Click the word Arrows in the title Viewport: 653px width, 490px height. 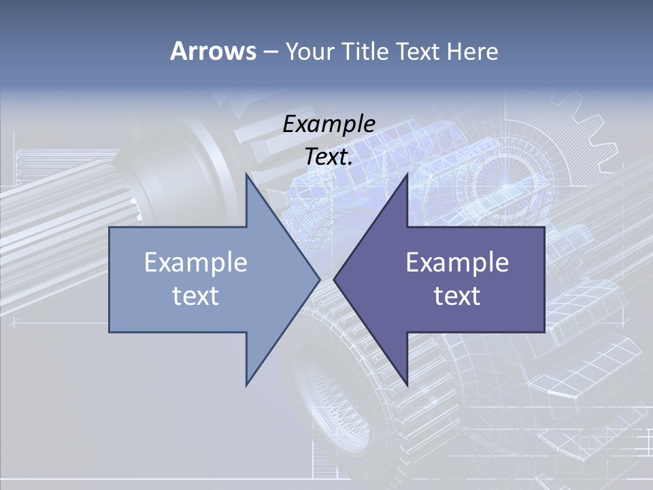pyautogui.click(x=213, y=51)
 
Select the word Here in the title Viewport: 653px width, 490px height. pyautogui.click(x=472, y=52)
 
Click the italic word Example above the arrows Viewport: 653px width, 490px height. pyautogui.click(x=329, y=124)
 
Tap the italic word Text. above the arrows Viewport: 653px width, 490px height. pyautogui.click(x=329, y=157)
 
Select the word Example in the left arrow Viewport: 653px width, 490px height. pyautogui.click(x=196, y=262)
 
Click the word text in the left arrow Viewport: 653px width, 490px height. pyautogui.click(x=196, y=296)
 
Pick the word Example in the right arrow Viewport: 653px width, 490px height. pyautogui.click(x=457, y=262)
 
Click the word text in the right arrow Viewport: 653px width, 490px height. pyautogui.click(x=457, y=296)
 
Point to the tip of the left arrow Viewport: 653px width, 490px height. pyautogui.click(x=320, y=279)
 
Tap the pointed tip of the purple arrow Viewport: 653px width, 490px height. pyautogui.click(x=333, y=279)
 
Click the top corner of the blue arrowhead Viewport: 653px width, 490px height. pyautogui.click(x=246, y=174)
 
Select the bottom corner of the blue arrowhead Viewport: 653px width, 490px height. pyautogui.click(x=246, y=385)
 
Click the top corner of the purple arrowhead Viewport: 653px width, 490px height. pyautogui.click(x=407, y=174)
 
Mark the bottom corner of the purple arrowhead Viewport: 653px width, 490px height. pyautogui.click(x=407, y=385)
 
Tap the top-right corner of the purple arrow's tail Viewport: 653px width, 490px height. pyautogui.click(x=544, y=227)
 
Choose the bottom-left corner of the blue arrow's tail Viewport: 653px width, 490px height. pyautogui.click(x=110, y=332)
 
